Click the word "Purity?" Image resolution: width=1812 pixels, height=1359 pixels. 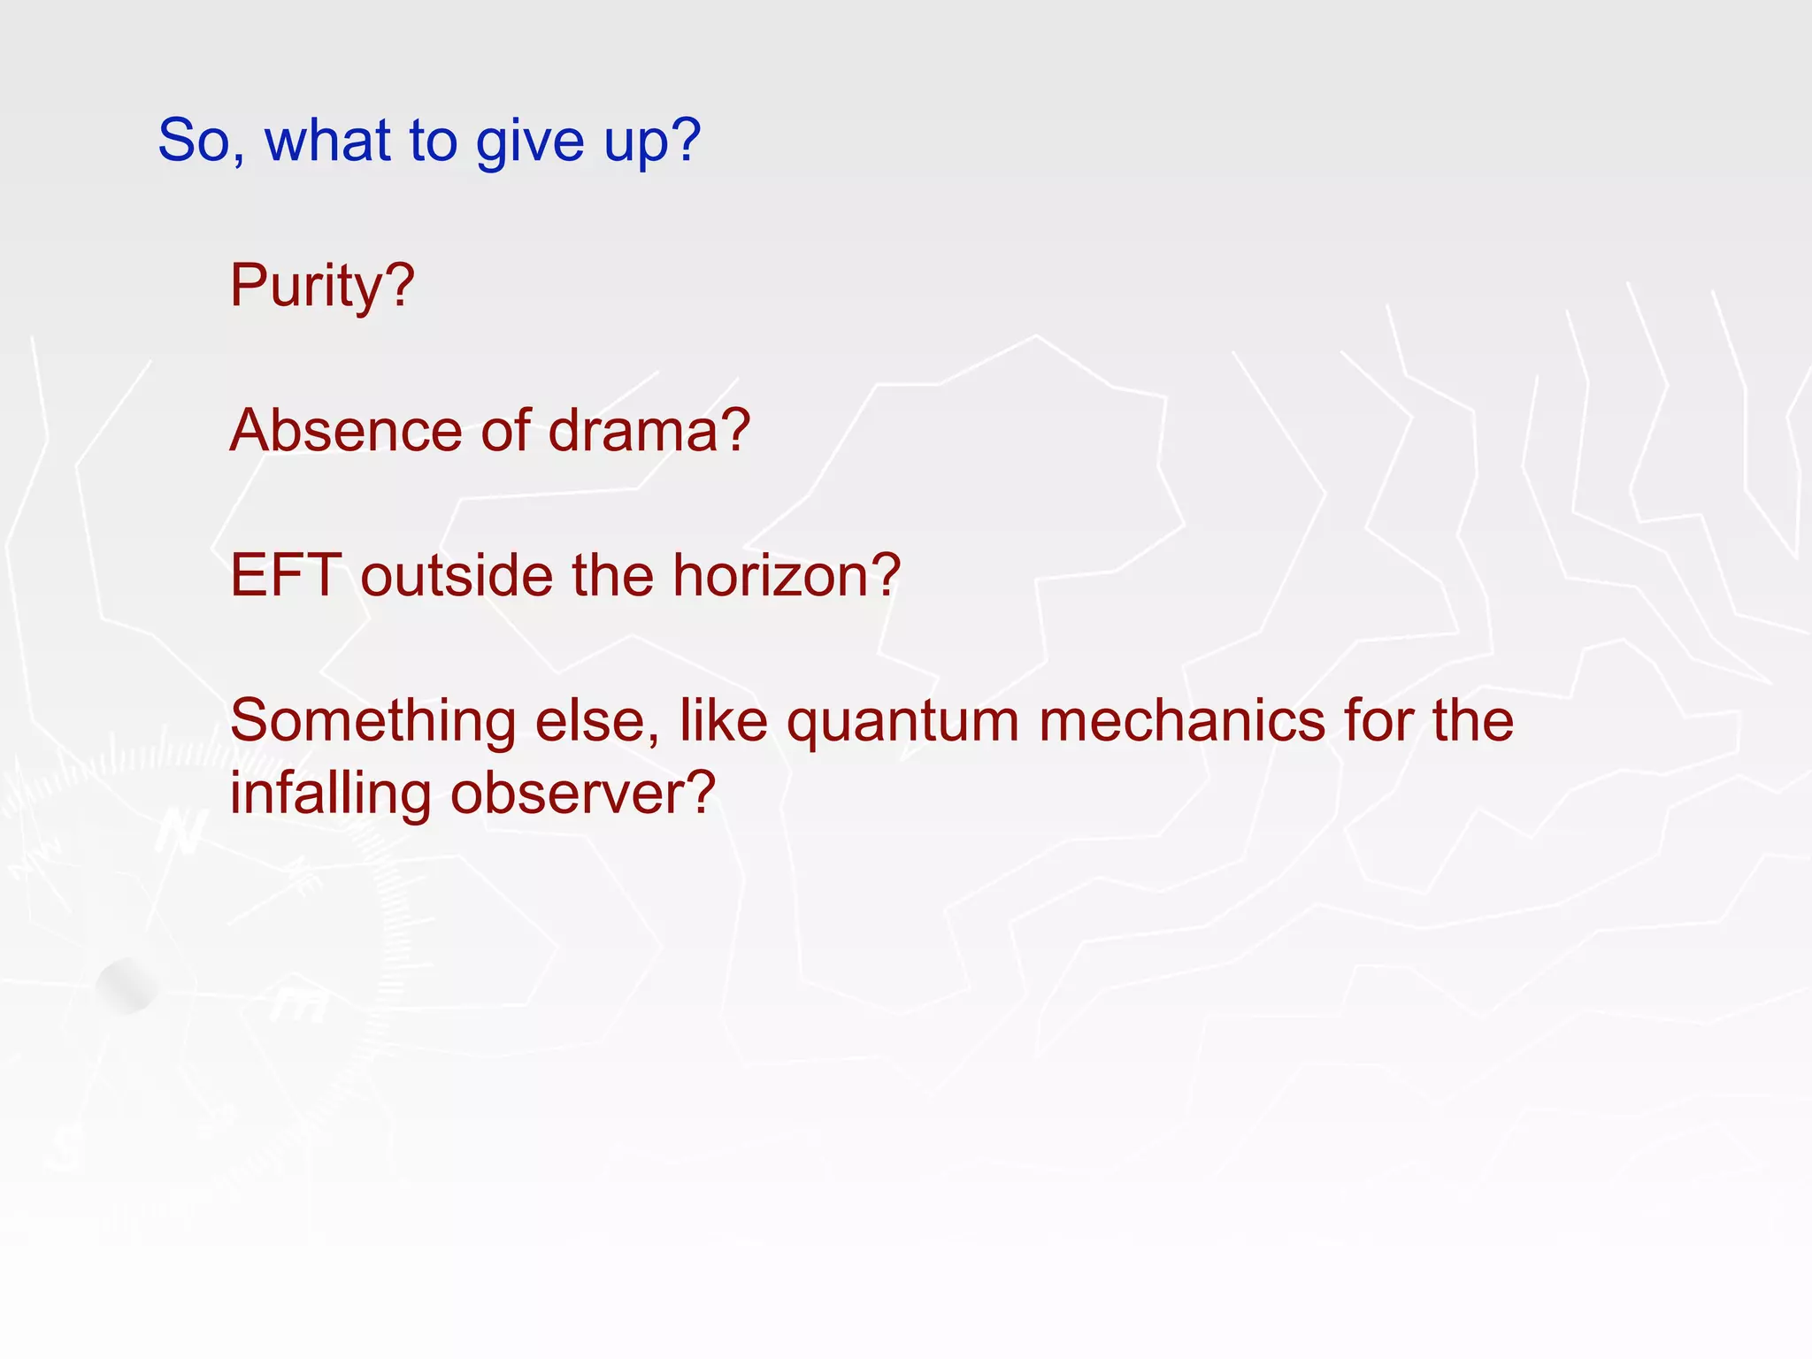pos(322,287)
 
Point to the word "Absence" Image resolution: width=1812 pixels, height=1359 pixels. pos(346,431)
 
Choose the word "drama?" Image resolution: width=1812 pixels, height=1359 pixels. pos(649,431)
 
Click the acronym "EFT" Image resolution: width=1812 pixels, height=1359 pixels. pos(286,576)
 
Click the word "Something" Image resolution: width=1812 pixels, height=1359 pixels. pos(372,721)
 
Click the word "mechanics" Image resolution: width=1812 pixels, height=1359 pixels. pos(1182,721)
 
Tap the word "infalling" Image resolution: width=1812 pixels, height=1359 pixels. pos(330,794)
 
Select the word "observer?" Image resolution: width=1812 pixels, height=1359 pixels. pos(582,794)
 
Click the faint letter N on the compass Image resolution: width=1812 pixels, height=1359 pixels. pos(181,833)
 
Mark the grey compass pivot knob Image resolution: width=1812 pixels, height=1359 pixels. pos(127,986)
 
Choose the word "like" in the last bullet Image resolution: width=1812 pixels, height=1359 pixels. pos(723,721)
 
